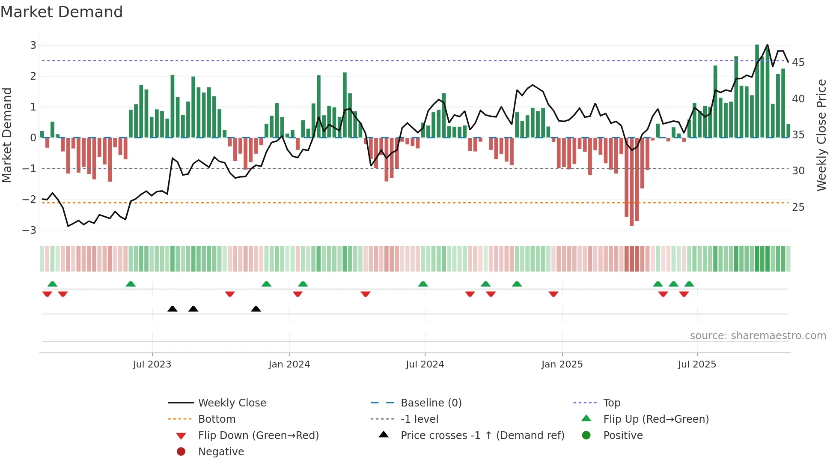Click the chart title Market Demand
coord(62,12)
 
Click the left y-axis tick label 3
coord(33,45)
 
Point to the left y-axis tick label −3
coord(30,230)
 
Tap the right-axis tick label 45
coord(798,63)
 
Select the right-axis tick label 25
coord(798,207)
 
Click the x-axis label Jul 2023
coord(152,364)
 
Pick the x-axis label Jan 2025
coord(562,364)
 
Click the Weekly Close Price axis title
coord(821,135)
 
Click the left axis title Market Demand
coord(7,135)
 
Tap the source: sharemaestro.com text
coord(758,336)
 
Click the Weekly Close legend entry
coord(232,403)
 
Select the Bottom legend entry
coord(217,419)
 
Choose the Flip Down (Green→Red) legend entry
coord(258,436)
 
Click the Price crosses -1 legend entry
coord(482,436)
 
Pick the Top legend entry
coord(611,403)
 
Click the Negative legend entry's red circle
coord(181,452)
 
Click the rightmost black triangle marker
coord(256,309)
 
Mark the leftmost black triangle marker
coord(173,309)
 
